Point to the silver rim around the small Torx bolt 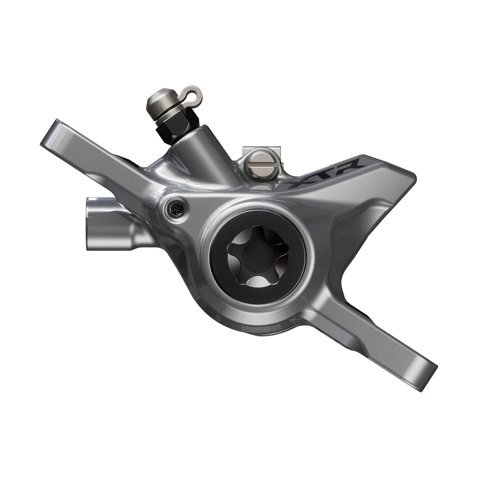coord(169,204)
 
